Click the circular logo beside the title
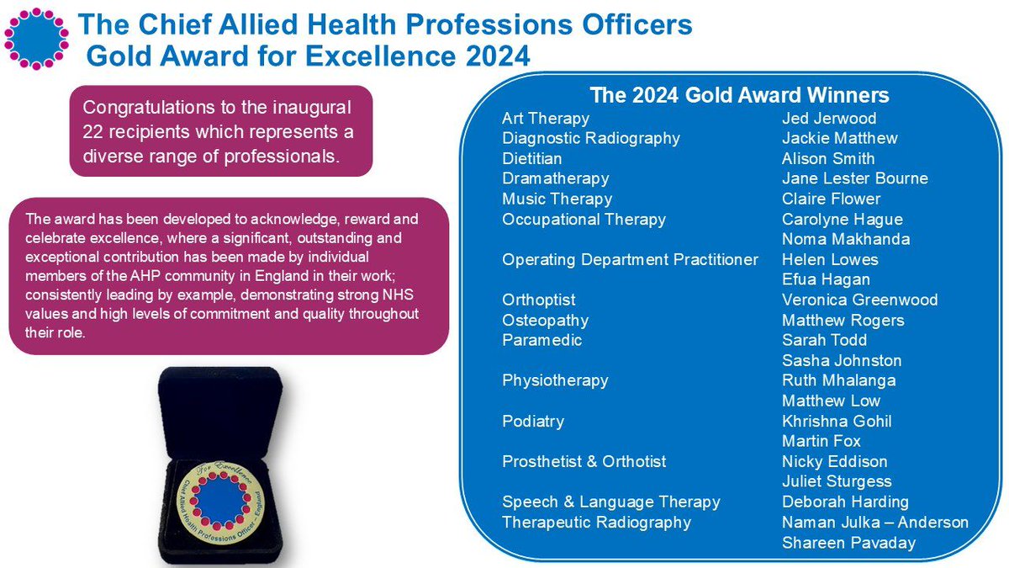35,38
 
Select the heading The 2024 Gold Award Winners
740,94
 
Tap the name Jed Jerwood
829,119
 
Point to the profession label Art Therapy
546,119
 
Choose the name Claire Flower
831,199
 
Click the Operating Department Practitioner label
631,260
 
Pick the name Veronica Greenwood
859,300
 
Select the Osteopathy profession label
545,321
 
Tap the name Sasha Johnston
841,361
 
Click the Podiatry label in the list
533,422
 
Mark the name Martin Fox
821,442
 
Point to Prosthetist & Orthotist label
584,462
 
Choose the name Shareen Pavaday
848,543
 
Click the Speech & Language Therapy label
611,502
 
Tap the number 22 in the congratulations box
92,133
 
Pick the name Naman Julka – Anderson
874,523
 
